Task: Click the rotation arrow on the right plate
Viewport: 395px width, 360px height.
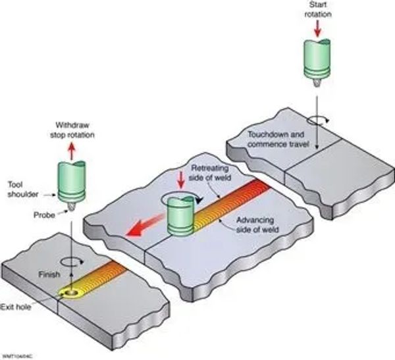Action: pyautogui.click(x=317, y=120)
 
